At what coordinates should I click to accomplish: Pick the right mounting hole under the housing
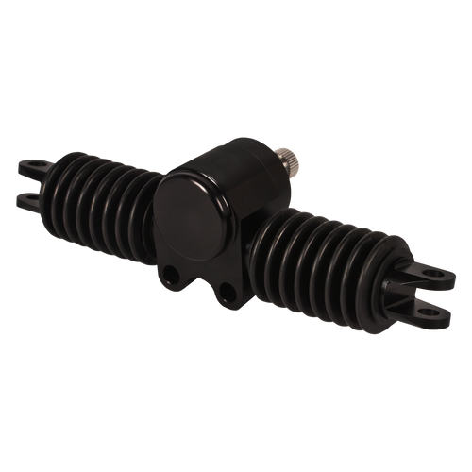pyautogui.click(x=227, y=288)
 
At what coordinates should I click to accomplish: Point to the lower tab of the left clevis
pyautogui.click(x=31, y=198)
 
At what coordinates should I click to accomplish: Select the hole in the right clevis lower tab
pyautogui.click(x=430, y=307)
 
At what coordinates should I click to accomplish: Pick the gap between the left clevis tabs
pyautogui.click(x=28, y=184)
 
